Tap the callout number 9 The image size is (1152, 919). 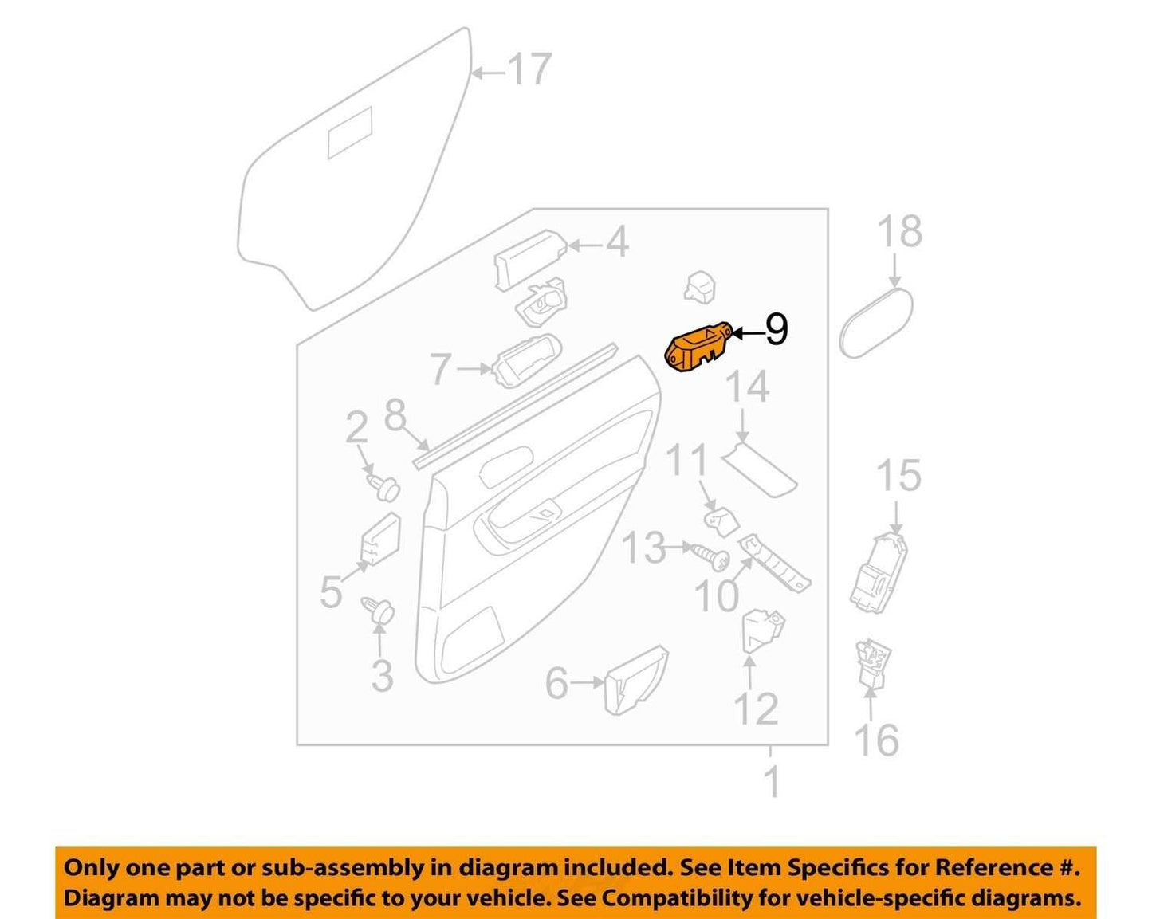click(777, 330)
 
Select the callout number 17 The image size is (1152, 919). click(529, 69)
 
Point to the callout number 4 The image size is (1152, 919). click(617, 242)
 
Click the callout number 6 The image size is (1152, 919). click(556, 683)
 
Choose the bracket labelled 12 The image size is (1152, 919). click(762, 630)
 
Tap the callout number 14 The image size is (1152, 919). click(748, 387)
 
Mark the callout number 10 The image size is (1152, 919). click(717, 595)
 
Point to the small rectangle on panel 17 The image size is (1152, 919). click(349, 133)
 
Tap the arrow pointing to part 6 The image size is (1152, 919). click(587, 682)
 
